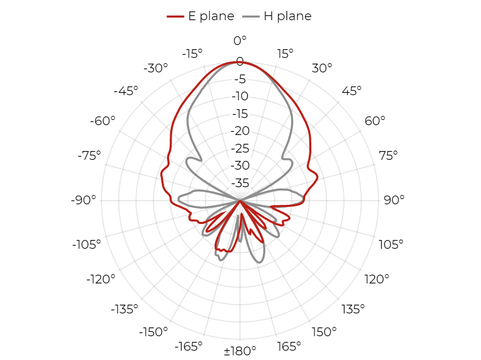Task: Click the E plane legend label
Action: pos(211,16)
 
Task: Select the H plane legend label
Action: pos(288,16)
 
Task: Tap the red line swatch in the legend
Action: pos(175,17)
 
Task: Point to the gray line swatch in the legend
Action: pos(251,17)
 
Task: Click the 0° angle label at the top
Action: pos(240,40)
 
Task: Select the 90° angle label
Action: pos(394,200)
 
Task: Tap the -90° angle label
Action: pos(83,200)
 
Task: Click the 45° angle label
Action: pos(352,91)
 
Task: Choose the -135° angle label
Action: pos(125,309)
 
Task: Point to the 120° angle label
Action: pos(377,279)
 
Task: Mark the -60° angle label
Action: pos(102,121)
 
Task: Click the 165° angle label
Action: pos(289,347)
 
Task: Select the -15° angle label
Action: pos(192,54)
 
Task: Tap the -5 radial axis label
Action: pos(240,79)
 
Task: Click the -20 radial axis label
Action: pos(240,131)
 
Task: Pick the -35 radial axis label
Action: pos(240,183)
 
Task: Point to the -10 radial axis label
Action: pos(240,96)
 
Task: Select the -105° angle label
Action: pos(86,245)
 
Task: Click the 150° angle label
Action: pos(324,332)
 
